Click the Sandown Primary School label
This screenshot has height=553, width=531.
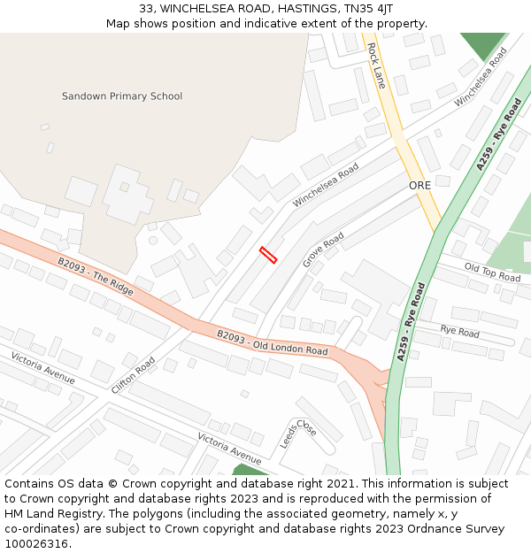coord(122,96)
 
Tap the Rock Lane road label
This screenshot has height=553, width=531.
coord(376,65)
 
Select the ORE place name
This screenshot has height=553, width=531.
coord(419,186)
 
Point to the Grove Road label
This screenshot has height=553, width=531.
coord(323,250)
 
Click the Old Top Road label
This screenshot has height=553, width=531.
coord(492,272)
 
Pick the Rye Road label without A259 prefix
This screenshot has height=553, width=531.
coord(459,332)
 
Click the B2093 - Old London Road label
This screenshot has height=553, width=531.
coord(272,342)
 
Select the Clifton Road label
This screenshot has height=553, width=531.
coord(134,375)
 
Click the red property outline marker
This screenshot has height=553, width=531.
coord(268,255)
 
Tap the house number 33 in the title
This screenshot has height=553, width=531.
coord(146,9)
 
